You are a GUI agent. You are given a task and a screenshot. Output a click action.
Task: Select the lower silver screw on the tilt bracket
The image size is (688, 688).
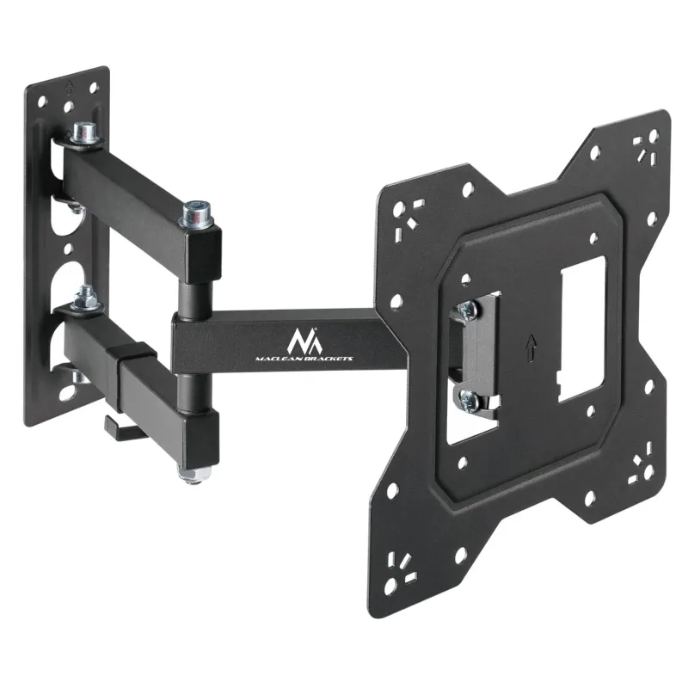pos(468,396)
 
